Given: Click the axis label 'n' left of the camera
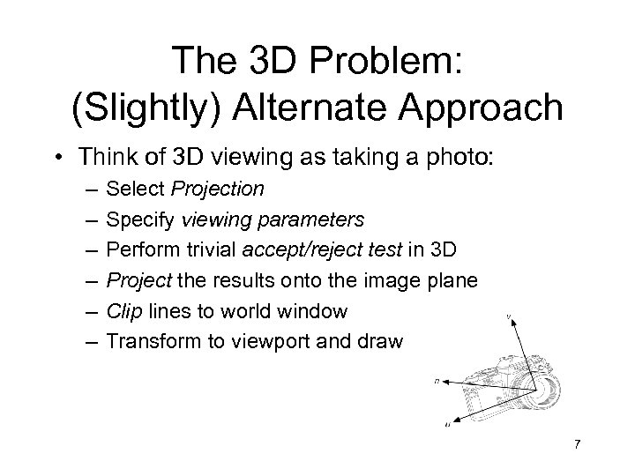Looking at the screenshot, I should (x=437, y=381).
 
